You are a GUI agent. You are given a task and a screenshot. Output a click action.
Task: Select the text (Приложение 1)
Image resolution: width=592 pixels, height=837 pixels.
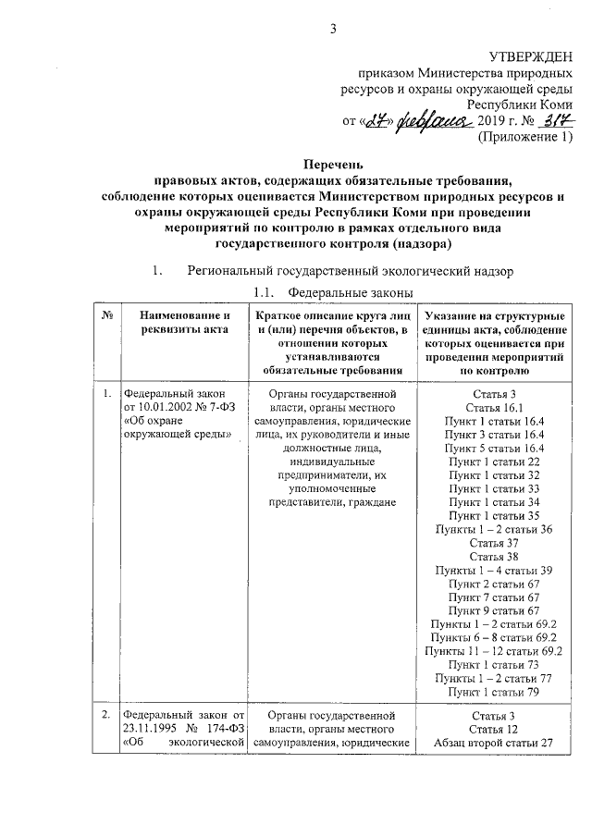point(524,138)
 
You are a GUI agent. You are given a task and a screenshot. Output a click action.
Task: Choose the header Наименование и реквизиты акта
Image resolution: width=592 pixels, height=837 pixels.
point(180,325)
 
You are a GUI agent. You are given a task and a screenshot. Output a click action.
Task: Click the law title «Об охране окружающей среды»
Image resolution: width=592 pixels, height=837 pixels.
point(177,428)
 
